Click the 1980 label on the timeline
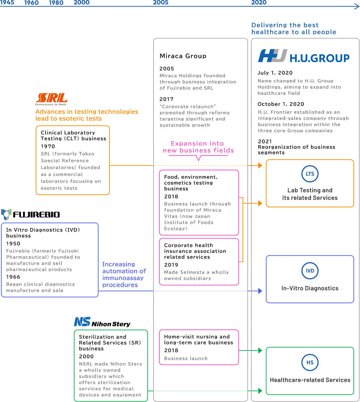[x=56, y=3]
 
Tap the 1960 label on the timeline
[x=31, y=3]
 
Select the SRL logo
[x=51, y=99]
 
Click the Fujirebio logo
[x=31, y=215]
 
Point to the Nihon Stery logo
[x=102, y=322]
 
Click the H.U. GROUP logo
[x=304, y=56]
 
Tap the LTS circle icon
[x=310, y=174]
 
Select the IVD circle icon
[x=310, y=271]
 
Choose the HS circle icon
[x=310, y=363]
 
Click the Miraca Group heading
[x=183, y=56]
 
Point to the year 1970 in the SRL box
[x=48, y=147]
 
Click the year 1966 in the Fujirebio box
[x=13, y=277]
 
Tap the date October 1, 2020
[x=281, y=104]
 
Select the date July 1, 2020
[x=275, y=73]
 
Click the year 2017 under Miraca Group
[x=167, y=99]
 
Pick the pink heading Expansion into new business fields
[x=198, y=147]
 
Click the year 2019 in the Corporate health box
[x=171, y=265]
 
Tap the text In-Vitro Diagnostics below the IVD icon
[x=310, y=288]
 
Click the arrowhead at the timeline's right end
[x=357, y=6]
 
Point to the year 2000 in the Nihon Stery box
[x=86, y=356]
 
